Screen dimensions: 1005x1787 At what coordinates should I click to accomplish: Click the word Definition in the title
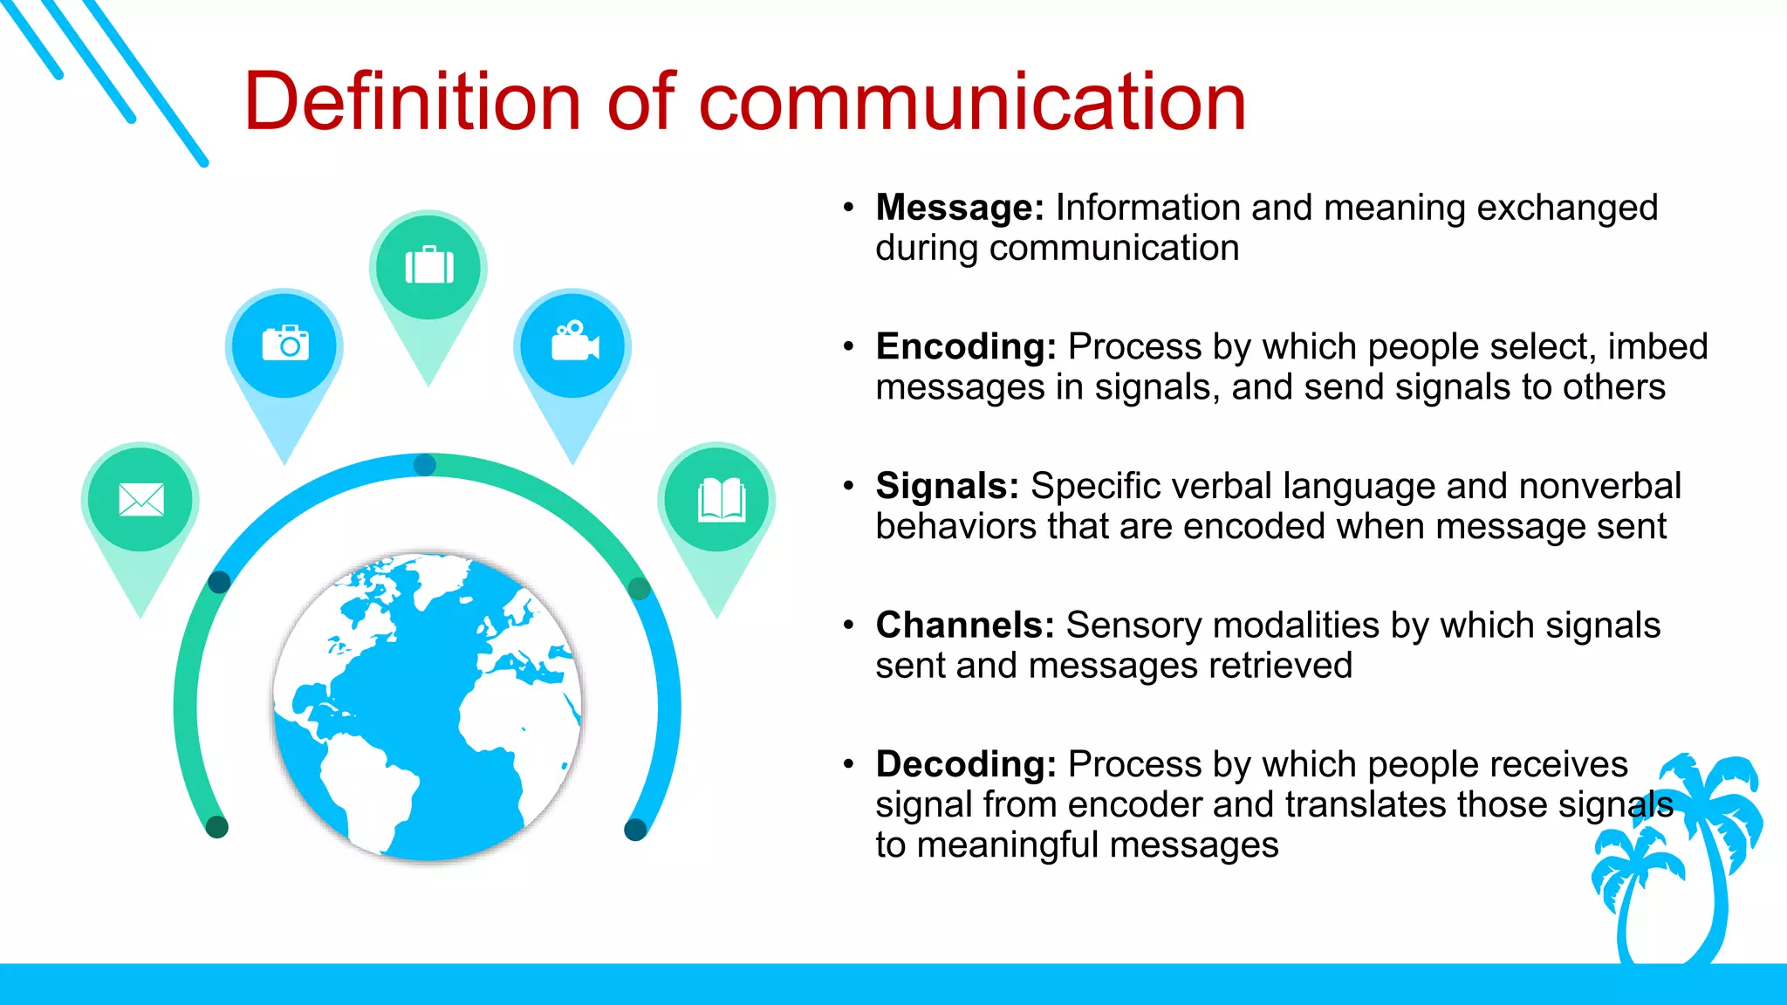point(412,102)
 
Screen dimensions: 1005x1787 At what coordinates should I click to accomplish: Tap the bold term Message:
point(959,208)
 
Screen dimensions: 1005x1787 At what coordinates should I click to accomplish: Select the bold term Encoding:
point(965,347)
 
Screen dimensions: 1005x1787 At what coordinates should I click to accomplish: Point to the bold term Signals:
point(947,486)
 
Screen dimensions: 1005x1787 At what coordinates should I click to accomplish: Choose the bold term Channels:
point(964,626)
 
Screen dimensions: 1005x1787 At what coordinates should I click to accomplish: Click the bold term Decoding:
point(965,764)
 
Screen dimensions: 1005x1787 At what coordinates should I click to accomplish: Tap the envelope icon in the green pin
point(140,499)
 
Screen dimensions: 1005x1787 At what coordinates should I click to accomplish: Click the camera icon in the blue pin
point(285,344)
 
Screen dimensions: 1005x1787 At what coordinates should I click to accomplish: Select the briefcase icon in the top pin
point(428,265)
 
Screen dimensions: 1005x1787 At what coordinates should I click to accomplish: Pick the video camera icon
point(574,341)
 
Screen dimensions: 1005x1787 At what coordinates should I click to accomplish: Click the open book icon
point(721,499)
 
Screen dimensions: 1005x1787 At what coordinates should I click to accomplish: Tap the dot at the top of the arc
point(425,465)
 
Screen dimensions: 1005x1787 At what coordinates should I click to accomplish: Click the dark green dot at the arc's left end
point(216,826)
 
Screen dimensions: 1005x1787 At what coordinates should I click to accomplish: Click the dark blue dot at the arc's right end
point(636,830)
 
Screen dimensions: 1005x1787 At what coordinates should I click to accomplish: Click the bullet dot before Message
point(848,208)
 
